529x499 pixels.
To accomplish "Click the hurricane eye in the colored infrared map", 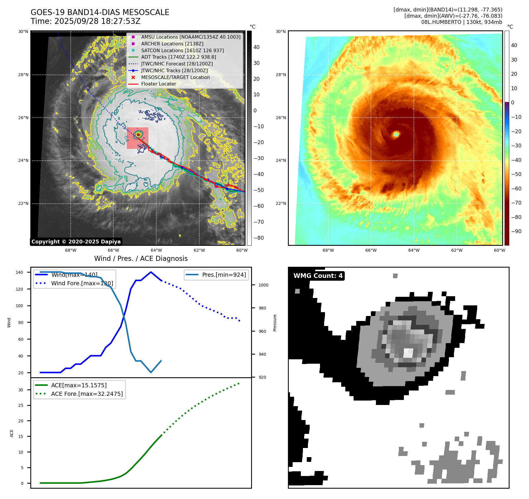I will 396,134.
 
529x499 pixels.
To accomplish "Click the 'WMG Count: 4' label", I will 318,276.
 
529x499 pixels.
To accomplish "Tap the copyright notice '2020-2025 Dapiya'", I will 76,242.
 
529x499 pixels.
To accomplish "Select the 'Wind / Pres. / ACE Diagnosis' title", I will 141,258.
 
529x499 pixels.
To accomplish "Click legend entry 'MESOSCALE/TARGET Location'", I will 175,77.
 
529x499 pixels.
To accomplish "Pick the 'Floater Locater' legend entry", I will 158,84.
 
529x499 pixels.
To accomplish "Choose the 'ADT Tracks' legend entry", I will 178,57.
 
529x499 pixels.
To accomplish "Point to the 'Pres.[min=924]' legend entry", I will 224,275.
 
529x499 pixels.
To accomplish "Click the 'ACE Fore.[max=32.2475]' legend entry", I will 87,394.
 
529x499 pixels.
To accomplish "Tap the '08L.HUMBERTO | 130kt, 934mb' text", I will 462,22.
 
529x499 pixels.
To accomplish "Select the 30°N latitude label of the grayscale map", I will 23,32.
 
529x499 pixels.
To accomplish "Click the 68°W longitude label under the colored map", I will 328,250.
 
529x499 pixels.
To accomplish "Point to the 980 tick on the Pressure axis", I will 262,308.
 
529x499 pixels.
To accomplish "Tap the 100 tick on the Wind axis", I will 19,306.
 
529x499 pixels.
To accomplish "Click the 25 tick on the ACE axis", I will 21,405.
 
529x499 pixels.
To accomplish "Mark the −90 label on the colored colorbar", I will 516,231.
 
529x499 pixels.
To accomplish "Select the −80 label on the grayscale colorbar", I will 259,238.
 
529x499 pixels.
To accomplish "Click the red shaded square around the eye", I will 137,138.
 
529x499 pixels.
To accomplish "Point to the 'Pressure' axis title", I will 275,323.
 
